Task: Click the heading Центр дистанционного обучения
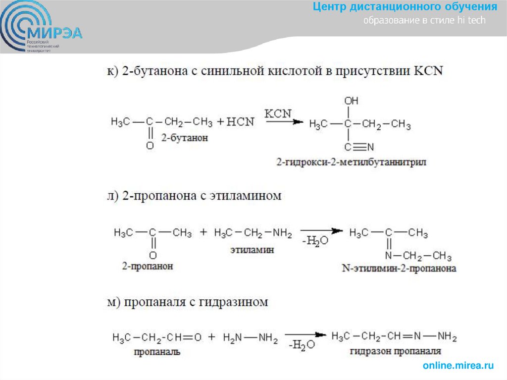point(405,7)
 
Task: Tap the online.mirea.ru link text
point(458,366)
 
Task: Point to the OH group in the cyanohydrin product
point(351,101)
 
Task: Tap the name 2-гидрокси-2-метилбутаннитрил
point(352,162)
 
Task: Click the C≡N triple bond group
point(359,147)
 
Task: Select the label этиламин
point(252,251)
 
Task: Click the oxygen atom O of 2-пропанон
point(153,256)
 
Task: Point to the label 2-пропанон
point(148,267)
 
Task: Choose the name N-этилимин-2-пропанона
point(399,269)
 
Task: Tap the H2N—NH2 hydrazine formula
point(251,338)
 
